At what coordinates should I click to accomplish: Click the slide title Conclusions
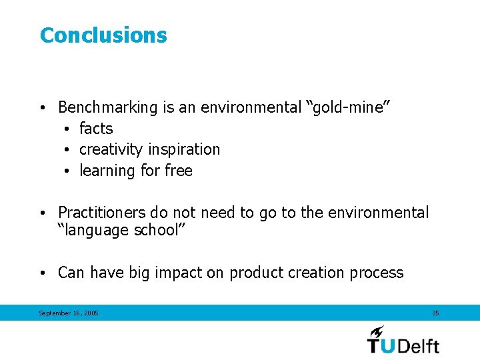(103, 35)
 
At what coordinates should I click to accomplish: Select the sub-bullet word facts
(96, 129)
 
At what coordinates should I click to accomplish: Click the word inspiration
(184, 149)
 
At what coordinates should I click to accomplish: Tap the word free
(178, 171)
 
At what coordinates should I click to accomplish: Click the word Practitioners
(101, 213)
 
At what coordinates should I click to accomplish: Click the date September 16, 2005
(69, 313)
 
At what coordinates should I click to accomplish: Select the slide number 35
(435, 313)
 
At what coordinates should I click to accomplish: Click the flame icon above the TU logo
(377, 331)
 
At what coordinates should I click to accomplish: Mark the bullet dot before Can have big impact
(42, 273)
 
